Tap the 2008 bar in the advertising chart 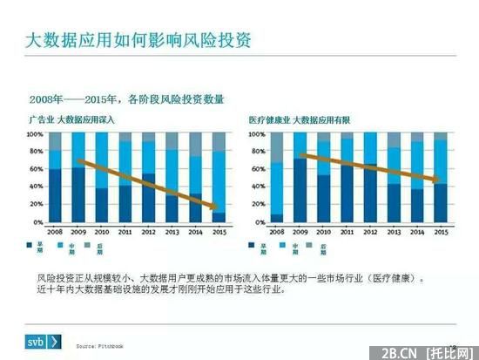(56, 179)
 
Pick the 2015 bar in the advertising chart (219, 179)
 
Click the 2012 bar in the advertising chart (149, 179)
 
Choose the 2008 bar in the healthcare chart (278, 179)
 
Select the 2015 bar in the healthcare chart (441, 179)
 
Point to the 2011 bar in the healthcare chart (347, 179)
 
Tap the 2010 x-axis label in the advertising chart (102, 233)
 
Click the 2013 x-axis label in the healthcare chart (394, 233)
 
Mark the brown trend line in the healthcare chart (370, 166)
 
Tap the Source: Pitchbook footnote (101, 346)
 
